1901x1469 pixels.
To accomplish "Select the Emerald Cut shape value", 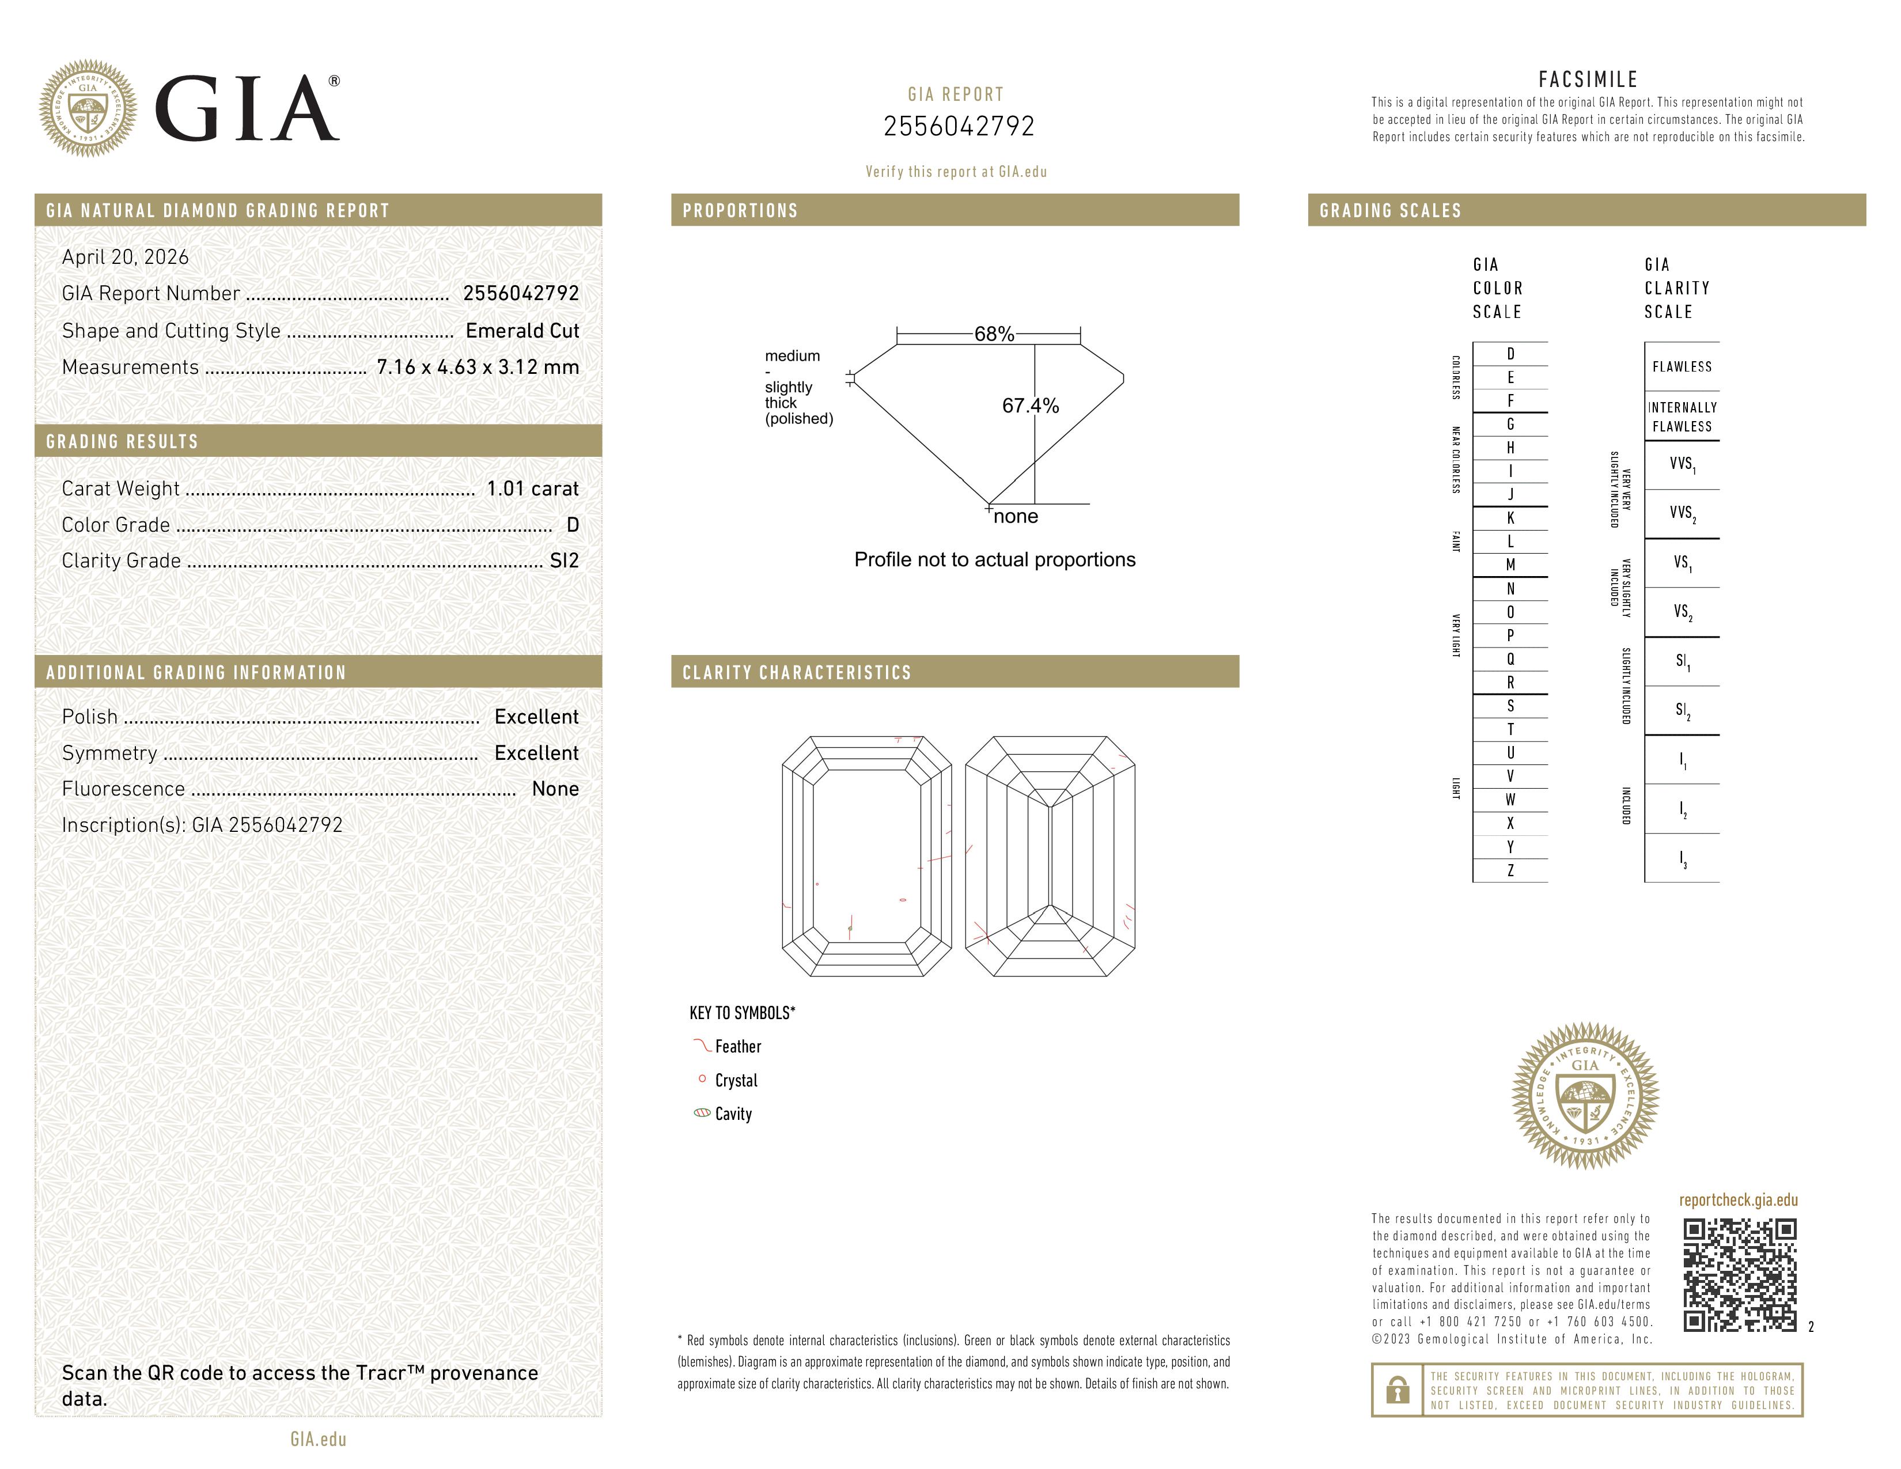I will [522, 331].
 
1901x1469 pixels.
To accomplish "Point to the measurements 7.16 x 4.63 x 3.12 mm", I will [477, 368].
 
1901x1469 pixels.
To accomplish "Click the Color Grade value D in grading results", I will [572, 525].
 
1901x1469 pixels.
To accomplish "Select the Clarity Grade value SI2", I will [564, 561].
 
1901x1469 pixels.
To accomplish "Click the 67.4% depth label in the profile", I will [1030, 406].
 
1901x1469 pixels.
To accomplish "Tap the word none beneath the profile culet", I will [1015, 516].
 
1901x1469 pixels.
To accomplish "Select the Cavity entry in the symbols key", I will [732, 1114].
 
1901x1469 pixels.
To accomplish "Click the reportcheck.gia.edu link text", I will [1737, 1200].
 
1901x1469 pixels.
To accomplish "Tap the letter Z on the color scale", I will [1510, 870].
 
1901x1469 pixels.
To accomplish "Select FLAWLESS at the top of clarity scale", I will [1682, 366].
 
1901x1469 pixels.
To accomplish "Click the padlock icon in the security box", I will [1397, 1390].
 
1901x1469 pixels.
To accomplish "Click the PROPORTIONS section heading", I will [740, 211].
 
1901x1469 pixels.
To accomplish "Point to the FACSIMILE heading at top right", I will [1588, 79].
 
